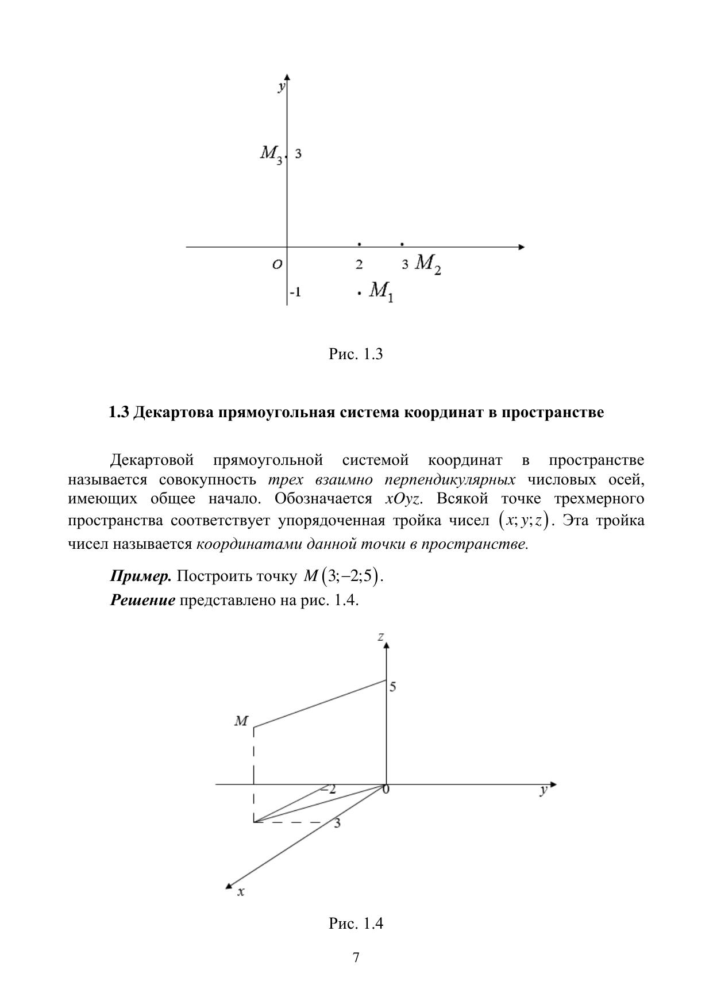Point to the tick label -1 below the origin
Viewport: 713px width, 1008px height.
click(x=295, y=293)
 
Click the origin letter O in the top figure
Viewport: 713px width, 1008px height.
click(x=277, y=264)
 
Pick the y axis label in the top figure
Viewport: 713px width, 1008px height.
click(x=281, y=86)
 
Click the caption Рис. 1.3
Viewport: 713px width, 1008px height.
click(x=356, y=354)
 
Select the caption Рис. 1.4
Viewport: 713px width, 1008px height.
click(x=356, y=924)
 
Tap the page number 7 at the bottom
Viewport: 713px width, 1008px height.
click(x=356, y=957)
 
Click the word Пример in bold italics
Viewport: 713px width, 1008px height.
click(x=141, y=576)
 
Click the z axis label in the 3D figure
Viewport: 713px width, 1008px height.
click(x=380, y=636)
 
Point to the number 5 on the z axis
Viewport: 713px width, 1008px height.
click(x=393, y=686)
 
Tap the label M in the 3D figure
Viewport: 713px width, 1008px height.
click(x=241, y=721)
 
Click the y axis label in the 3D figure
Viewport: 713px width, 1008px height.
click(x=543, y=791)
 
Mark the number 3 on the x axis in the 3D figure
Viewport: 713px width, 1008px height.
click(x=337, y=823)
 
